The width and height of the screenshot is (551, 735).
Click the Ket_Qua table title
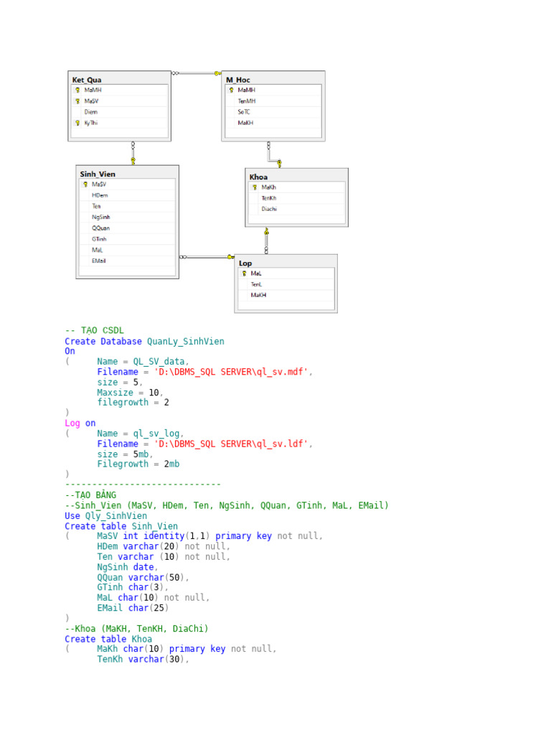(x=87, y=80)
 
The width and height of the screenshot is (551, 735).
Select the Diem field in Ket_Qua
(x=91, y=112)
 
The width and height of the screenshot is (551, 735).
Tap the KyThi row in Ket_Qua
(x=91, y=123)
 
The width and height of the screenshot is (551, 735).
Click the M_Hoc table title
(x=238, y=80)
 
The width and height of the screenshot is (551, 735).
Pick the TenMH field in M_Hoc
(x=247, y=101)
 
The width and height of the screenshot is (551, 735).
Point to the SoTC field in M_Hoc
(x=244, y=112)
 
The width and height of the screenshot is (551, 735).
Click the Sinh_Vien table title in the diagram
(x=98, y=174)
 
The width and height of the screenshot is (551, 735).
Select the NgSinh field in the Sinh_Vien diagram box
(x=100, y=217)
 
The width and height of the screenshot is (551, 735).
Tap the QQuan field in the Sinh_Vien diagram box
(x=100, y=228)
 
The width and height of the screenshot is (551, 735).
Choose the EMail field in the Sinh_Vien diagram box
(x=98, y=261)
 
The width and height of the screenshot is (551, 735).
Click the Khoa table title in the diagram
(x=258, y=177)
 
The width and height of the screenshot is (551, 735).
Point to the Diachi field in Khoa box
(x=269, y=209)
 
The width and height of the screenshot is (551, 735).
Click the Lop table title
(x=245, y=263)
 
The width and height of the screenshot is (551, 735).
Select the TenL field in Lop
(x=256, y=284)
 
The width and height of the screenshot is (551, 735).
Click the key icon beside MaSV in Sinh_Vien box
(x=85, y=184)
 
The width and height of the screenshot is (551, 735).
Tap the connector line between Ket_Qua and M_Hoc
(x=197, y=73)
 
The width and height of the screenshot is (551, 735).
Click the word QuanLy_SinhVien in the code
(x=186, y=341)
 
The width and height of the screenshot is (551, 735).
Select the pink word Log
(x=72, y=423)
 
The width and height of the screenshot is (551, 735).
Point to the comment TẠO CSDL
(x=102, y=330)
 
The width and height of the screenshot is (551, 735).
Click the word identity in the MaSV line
(x=164, y=535)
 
